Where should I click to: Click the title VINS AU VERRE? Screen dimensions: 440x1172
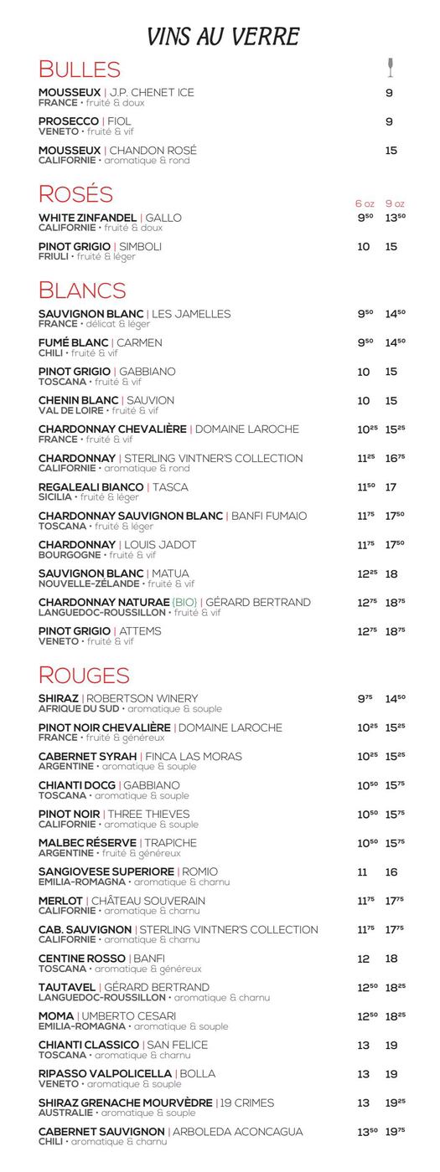pos(223,37)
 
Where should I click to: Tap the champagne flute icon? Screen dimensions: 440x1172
pos(390,68)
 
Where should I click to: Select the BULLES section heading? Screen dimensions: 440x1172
pos(80,69)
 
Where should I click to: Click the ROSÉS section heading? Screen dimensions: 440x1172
pos(75,193)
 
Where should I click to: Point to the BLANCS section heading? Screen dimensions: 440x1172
pos(82,290)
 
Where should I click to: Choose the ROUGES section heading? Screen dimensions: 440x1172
pos(84,675)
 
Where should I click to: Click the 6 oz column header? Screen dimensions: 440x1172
pos(365,203)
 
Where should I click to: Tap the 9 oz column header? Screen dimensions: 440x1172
pos(395,203)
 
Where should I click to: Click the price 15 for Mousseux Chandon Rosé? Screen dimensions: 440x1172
pos(391,151)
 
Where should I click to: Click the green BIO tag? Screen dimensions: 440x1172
pos(184,602)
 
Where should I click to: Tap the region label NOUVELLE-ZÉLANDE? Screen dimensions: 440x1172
pos(89,583)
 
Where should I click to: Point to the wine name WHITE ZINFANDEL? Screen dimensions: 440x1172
pos(87,218)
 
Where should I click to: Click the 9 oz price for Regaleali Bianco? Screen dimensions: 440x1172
pos(391,487)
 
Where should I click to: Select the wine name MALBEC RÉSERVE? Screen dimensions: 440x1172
pos(87,843)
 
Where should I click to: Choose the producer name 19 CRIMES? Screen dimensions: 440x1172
pos(248,1103)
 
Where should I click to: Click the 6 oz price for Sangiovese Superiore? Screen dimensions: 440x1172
pos(363,872)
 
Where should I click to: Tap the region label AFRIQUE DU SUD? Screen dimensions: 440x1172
pos(79,708)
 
